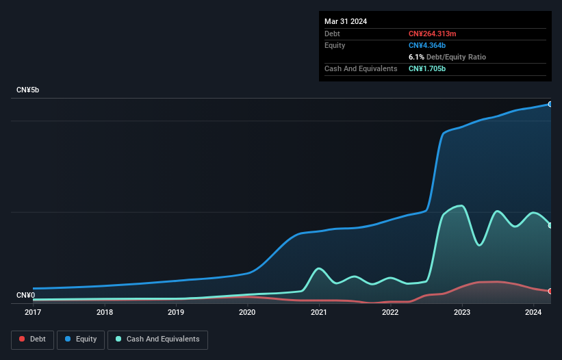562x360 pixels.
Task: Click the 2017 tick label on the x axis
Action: (x=33, y=313)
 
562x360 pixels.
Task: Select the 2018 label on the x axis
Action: (x=105, y=313)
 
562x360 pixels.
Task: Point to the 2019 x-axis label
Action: (x=176, y=313)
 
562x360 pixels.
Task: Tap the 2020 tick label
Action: (x=247, y=313)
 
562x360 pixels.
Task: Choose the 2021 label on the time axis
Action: (x=318, y=313)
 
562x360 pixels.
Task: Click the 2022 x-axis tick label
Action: (x=390, y=313)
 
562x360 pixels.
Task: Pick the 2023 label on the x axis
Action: (x=462, y=313)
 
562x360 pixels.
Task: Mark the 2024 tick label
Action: (x=533, y=313)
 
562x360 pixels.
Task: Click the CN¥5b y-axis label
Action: (x=28, y=90)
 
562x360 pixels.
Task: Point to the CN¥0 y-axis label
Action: (x=25, y=296)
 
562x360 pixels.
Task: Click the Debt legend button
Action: (x=32, y=339)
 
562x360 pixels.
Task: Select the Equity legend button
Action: (x=81, y=339)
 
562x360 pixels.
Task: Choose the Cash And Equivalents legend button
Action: (x=157, y=339)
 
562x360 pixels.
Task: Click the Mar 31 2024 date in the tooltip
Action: (x=346, y=21)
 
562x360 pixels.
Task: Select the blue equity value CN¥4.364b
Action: (x=428, y=45)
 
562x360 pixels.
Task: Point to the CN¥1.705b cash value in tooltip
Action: (x=428, y=68)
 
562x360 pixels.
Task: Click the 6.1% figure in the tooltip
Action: (x=416, y=57)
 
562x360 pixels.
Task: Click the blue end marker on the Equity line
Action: (x=550, y=104)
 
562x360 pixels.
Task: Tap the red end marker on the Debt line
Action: (x=550, y=291)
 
